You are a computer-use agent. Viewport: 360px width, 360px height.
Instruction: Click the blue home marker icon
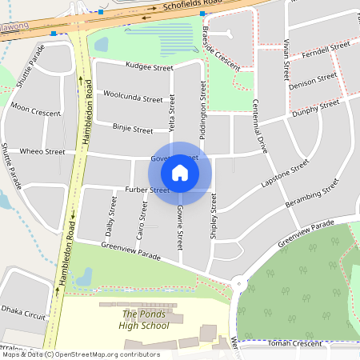pyautogui.click(x=180, y=173)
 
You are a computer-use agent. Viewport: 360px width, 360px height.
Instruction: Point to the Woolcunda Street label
pyautogui.click(x=133, y=97)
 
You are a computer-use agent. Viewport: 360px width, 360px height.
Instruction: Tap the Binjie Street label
pyautogui.click(x=132, y=129)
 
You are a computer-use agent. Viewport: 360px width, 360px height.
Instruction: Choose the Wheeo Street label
pyautogui.click(x=42, y=151)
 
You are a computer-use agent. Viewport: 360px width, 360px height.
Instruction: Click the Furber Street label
pyautogui.click(x=147, y=190)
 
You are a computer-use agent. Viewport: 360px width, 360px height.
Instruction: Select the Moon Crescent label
pyautogui.click(x=35, y=113)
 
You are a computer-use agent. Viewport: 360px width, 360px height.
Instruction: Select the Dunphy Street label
pyautogui.click(x=318, y=108)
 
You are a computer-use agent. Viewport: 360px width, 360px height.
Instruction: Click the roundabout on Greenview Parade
pyautogui.click(x=239, y=284)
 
